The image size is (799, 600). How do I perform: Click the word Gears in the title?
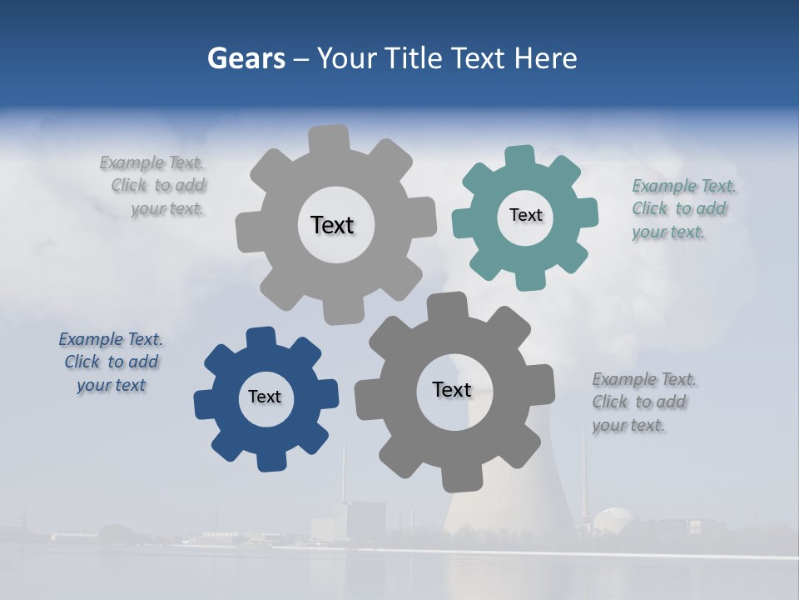point(246,58)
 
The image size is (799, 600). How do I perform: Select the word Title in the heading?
point(416,58)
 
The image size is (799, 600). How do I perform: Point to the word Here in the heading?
point(545,58)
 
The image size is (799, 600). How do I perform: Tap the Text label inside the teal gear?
point(525,215)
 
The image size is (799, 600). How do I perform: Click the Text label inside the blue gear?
point(265,397)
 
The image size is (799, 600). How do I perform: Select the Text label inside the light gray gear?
point(332,225)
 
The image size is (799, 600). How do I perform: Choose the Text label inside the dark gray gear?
point(452,389)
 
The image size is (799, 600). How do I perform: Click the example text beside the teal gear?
point(682,208)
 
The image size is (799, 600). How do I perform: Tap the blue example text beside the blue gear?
point(112,362)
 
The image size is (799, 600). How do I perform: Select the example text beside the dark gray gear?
point(643,402)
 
